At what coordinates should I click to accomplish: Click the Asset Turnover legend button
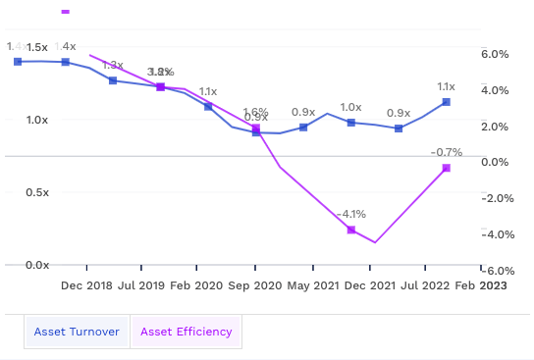tap(77, 332)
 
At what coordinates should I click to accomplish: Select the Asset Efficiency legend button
tap(187, 332)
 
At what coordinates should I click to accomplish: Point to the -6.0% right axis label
tap(494, 271)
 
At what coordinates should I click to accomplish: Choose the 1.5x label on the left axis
tap(37, 47)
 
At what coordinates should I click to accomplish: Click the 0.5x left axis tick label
tap(37, 192)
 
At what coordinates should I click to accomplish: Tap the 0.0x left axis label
tap(37, 265)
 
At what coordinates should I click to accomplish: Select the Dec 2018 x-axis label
tap(86, 285)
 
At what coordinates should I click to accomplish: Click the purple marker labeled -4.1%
tap(350, 230)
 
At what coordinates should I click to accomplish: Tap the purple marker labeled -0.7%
tap(447, 169)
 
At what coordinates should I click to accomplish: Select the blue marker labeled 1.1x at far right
tap(447, 102)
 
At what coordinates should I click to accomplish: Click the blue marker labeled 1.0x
tap(350, 122)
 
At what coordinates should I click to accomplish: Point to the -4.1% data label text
tap(350, 213)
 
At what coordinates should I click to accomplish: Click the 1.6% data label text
tap(255, 112)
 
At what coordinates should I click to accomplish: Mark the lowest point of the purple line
tap(375, 242)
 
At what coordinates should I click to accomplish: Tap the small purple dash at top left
tap(66, 12)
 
